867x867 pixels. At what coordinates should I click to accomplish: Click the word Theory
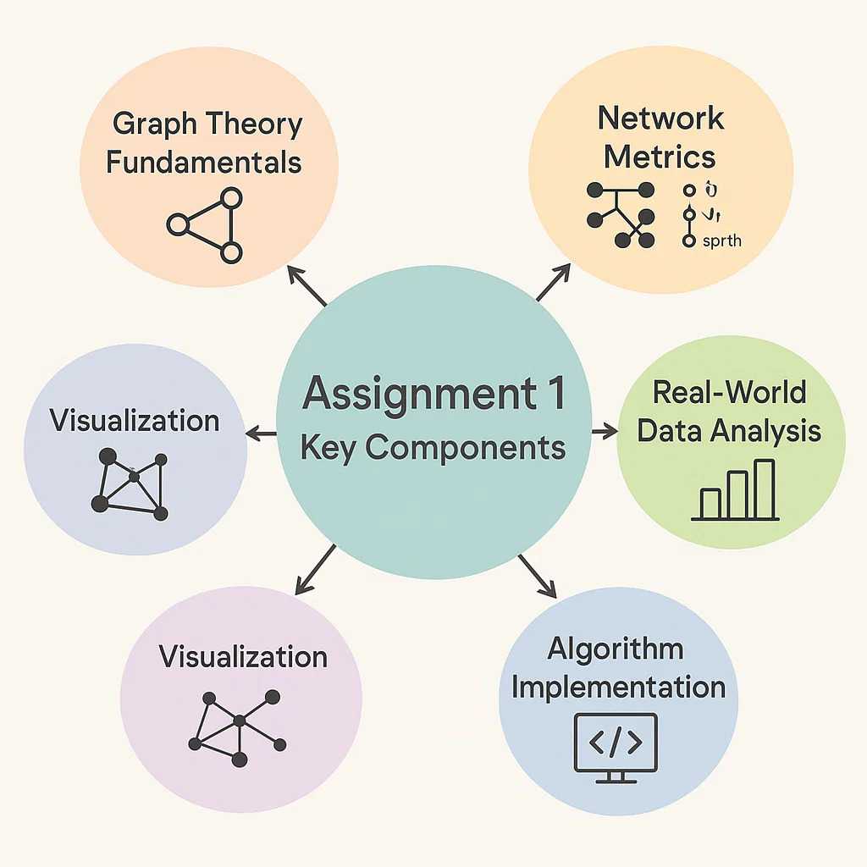255,124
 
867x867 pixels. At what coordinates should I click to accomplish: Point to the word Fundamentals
204,161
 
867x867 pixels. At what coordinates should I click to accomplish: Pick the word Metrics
660,157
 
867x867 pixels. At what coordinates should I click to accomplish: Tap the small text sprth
722,241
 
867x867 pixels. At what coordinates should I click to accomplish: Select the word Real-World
729,393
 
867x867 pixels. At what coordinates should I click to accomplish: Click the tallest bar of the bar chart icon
765,489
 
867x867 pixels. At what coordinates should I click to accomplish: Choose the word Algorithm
615,649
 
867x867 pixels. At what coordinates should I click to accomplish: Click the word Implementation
618,687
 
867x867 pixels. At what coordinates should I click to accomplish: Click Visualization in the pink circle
243,656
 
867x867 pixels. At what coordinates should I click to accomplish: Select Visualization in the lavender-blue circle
135,421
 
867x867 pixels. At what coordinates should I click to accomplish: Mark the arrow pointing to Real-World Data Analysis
605,432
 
